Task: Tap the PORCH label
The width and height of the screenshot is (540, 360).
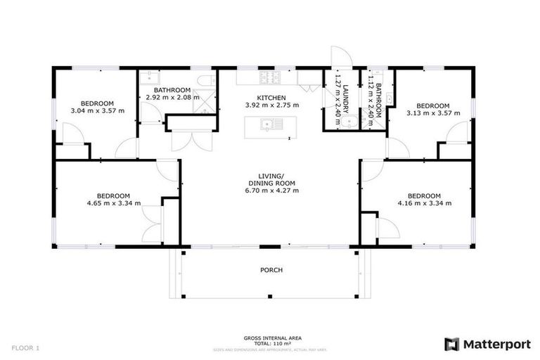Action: tap(270, 269)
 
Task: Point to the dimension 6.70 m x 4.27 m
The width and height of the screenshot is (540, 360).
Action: tap(270, 191)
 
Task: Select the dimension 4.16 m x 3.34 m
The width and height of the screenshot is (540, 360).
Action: tap(424, 203)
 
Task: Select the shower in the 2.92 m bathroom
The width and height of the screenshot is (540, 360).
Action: tap(205, 104)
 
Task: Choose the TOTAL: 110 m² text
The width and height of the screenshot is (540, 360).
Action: tap(270, 343)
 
